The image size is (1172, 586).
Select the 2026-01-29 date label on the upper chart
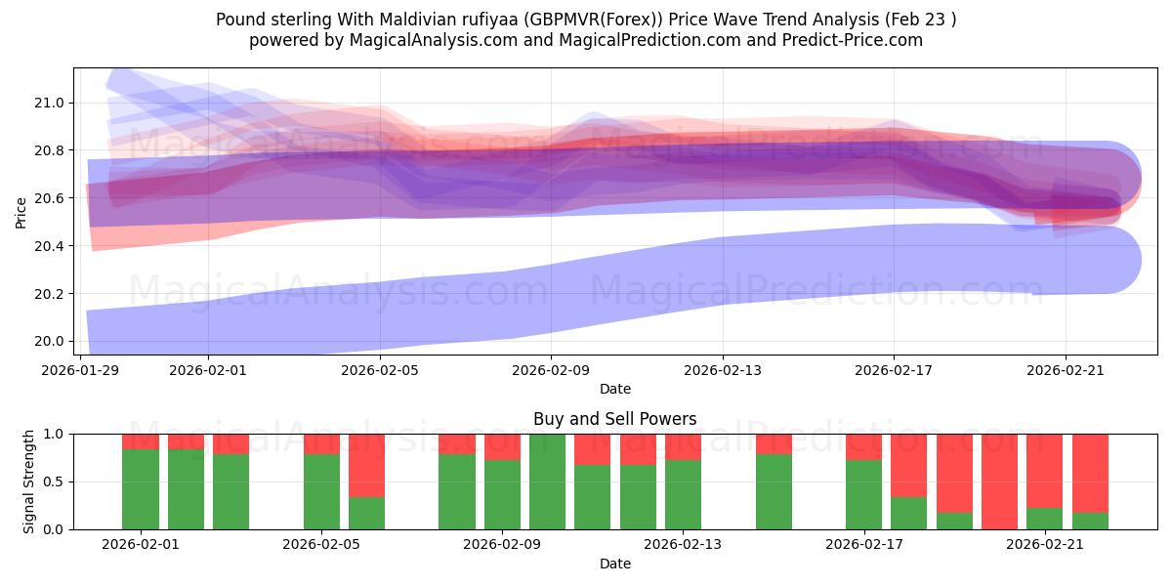(81, 370)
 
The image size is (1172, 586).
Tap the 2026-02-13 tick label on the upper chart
(723, 370)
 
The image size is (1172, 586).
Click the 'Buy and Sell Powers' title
(615, 419)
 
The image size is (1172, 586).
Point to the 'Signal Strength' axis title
(29, 481)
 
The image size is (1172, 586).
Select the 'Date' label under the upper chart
(615, 389)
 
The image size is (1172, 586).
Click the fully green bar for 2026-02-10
(547, 481)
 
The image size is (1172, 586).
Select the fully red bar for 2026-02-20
(999, 481)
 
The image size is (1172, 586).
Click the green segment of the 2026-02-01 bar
(141, 488)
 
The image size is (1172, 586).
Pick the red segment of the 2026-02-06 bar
(366, 465)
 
